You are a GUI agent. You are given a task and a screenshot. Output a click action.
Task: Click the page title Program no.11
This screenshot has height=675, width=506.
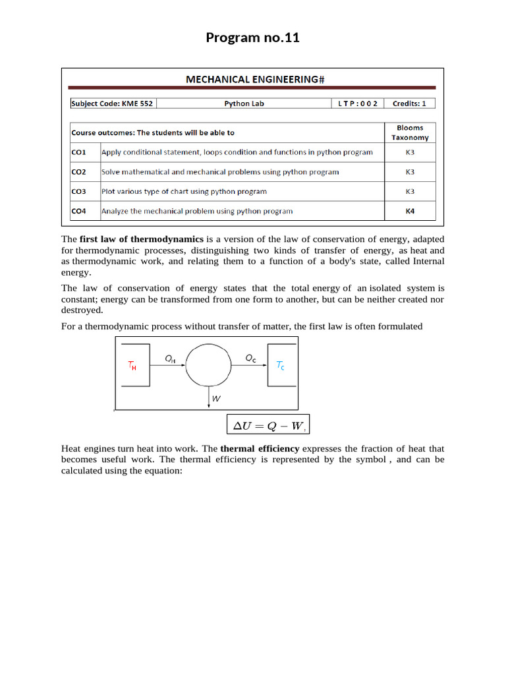coord(252,38)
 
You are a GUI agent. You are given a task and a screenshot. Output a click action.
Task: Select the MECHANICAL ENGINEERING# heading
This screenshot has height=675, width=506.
coord(255,80)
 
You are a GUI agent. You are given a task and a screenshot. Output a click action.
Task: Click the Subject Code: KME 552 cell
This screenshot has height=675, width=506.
coord(112,103)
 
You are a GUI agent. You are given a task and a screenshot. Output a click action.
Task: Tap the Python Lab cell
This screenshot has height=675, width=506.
coord(244,103)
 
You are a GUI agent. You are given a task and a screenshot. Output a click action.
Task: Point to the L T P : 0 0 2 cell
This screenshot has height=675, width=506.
coord(358,103)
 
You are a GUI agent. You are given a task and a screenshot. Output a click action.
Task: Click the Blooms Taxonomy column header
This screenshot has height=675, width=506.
coord(410,132)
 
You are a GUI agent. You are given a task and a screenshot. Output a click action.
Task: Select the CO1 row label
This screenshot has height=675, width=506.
coord(79,152)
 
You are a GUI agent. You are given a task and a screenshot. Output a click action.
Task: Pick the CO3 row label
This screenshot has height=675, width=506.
coord(79,192)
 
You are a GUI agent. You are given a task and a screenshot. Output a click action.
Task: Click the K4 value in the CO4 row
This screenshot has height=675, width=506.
coord(410,212)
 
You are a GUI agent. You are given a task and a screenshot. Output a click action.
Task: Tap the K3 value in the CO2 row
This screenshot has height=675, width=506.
coord(410,172)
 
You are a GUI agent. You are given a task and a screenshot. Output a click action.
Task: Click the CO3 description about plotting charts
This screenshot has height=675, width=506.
coord(184,192)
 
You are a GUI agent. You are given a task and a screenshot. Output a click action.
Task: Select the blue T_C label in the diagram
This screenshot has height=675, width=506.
coord(280,365)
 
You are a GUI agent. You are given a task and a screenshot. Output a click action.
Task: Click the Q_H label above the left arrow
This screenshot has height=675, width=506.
coord(170,358)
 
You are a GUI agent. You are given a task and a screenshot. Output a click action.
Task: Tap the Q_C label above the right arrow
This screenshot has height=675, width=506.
coord(251,358)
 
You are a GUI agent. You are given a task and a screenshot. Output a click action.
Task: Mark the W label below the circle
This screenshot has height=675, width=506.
coord(215,399)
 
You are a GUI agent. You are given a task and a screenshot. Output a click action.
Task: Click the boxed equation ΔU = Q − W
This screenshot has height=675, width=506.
coord(267,426)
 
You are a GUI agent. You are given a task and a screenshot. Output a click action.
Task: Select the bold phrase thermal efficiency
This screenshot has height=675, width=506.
coord(260,449)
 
